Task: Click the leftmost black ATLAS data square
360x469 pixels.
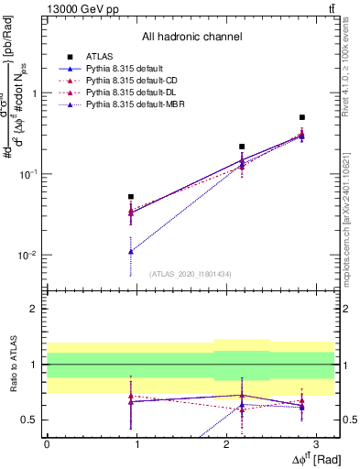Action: tap(132, 196)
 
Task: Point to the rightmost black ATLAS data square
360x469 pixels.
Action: tap(302, 117)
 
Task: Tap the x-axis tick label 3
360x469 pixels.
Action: tap(314, 443)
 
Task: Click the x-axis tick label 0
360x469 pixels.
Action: tap(47, 443)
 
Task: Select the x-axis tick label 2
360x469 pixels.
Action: tap(225, 443)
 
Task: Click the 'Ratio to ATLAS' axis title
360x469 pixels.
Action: tap(13, 365)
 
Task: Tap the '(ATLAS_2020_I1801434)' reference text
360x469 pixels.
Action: tap(191, 274)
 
